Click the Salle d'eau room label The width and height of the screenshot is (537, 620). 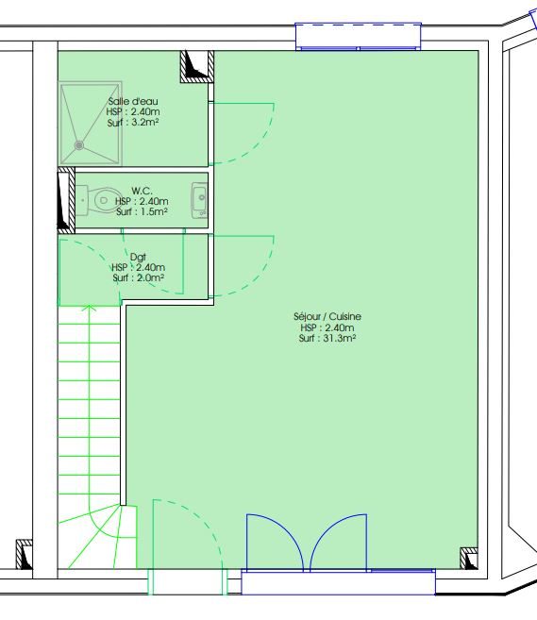pos(133,101)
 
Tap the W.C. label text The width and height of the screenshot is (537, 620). pos(142,191)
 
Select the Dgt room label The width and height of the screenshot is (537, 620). pos(138,257)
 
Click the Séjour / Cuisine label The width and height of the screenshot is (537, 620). pos(327,316)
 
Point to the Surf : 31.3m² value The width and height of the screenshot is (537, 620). pos(327,338)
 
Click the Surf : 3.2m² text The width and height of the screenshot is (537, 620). pos(133,123)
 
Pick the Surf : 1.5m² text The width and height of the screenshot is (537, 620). pos(142,212)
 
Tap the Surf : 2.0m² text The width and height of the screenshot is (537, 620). pos(138,278)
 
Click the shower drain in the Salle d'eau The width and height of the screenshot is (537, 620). pos(79,145)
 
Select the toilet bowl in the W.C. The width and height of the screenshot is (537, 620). pos(100,200)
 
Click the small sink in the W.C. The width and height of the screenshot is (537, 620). pos(200,200)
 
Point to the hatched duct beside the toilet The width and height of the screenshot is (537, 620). pos(66,200)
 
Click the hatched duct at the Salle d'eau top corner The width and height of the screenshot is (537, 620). pos(197,66)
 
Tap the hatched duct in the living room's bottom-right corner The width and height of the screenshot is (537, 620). pos(469,559)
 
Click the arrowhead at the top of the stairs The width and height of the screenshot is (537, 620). pos(90,307)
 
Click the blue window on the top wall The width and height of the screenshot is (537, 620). pos(359,37)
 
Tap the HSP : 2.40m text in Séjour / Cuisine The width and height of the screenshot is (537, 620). pos(327,327)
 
